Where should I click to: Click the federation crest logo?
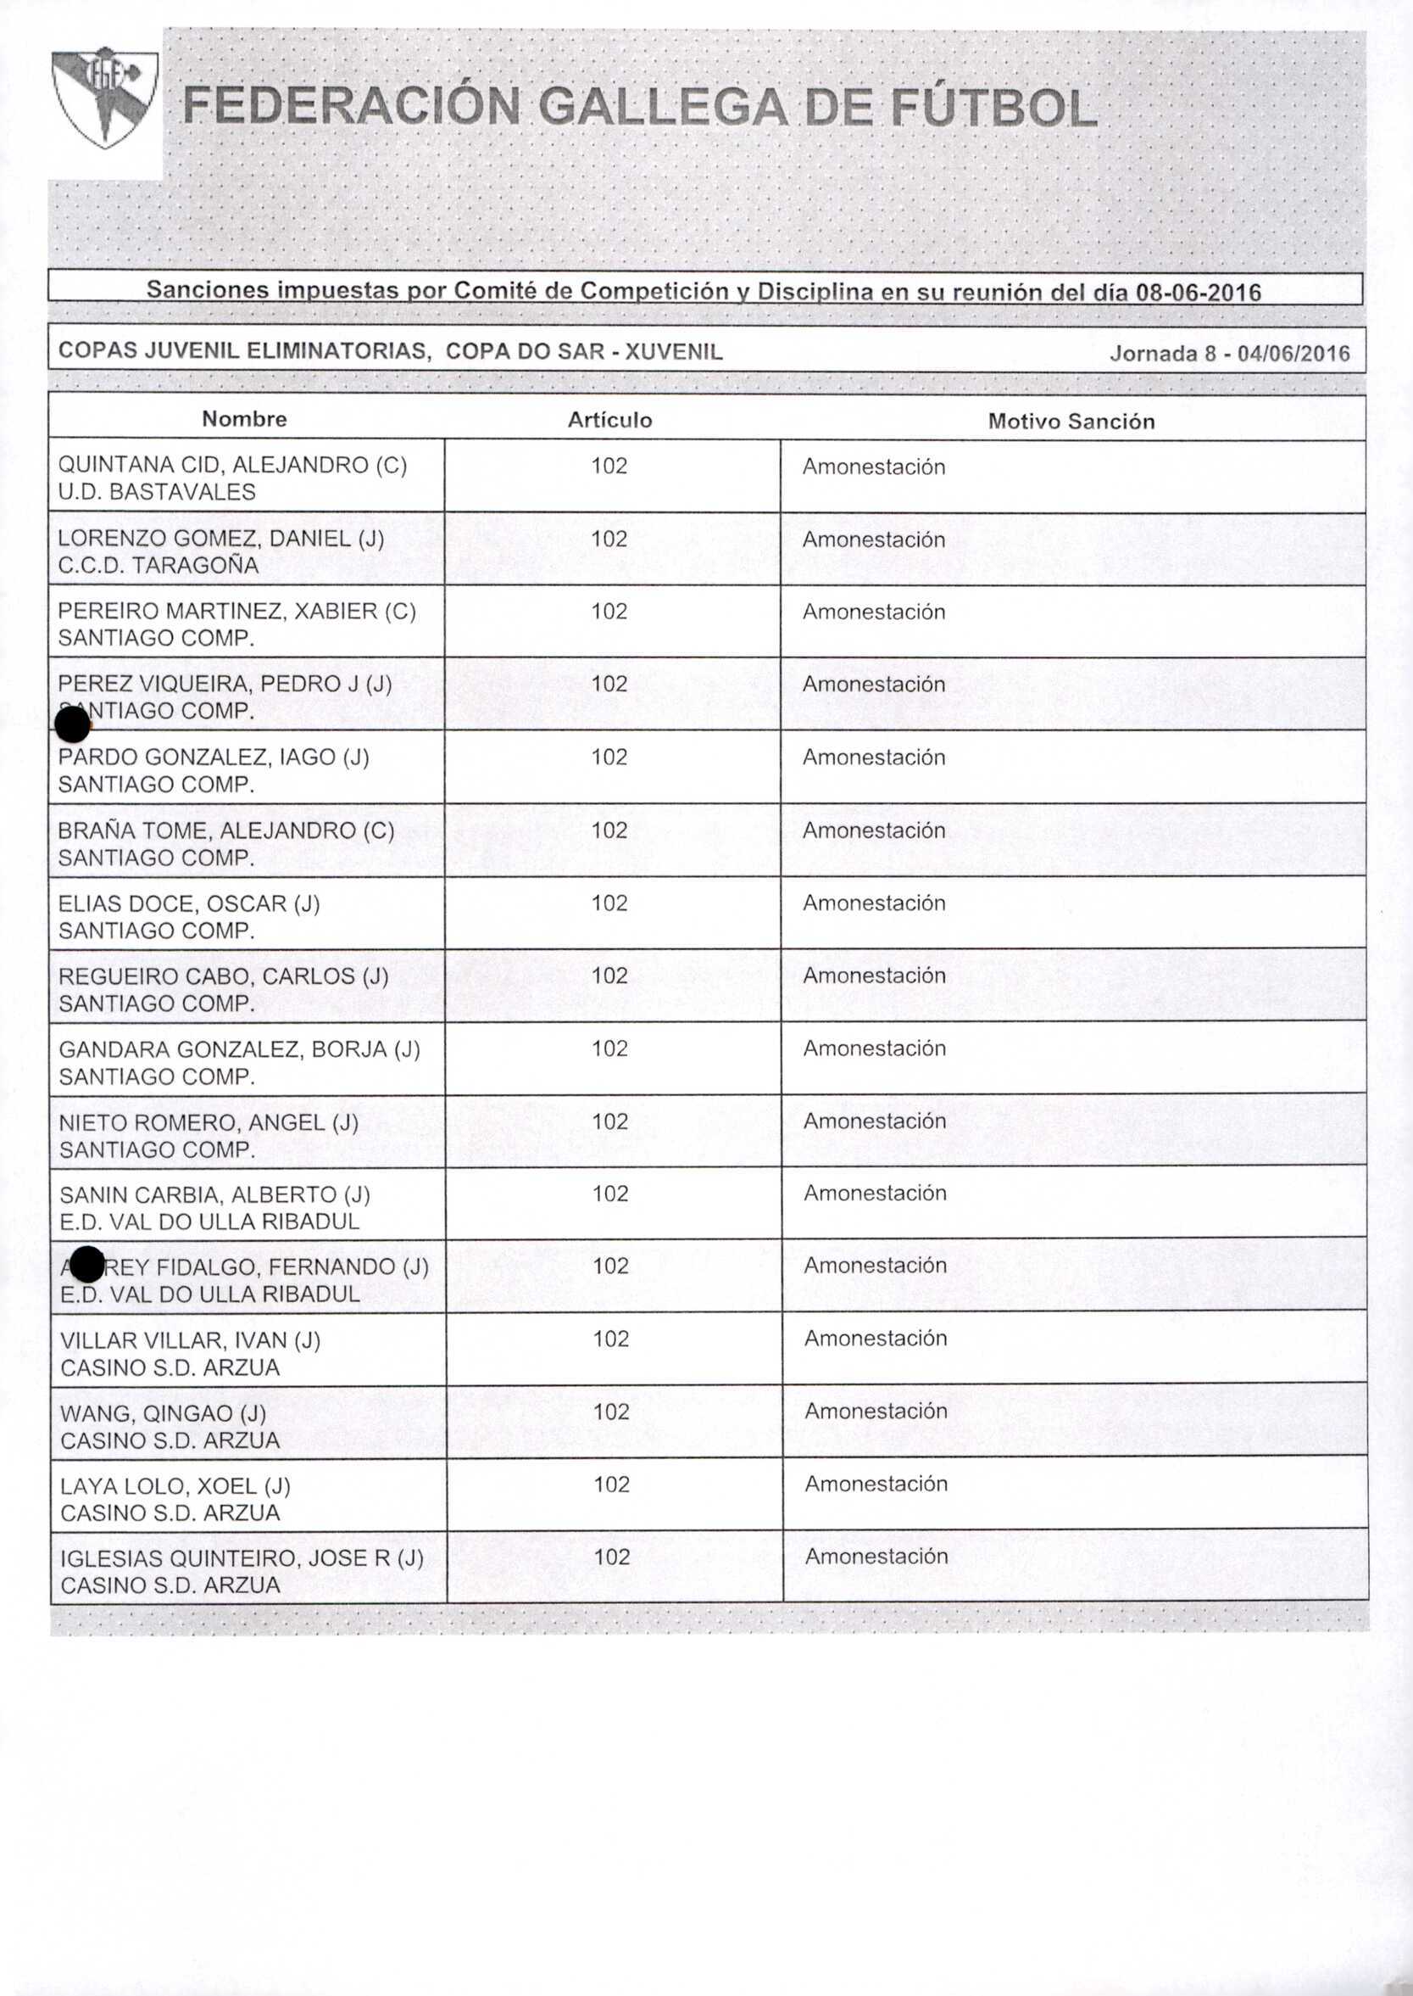coord(104,98)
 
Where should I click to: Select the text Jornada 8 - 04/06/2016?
coord(1228,354)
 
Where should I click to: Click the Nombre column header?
coord(243,420)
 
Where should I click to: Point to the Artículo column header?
coord(609,421)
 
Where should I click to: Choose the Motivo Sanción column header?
coord(1071,422)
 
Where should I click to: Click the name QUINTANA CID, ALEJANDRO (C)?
coord(232,465)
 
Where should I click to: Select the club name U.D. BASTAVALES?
coord(157,492)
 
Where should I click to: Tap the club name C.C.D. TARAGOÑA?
coord(159,565)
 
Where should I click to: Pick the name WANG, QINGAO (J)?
coord(164,1412)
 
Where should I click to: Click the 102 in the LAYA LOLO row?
coord(611,1484)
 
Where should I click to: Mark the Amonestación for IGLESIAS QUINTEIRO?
coord(876,1557)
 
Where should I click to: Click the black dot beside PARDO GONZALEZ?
coord(72,725)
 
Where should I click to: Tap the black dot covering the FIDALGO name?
coord(86,1265)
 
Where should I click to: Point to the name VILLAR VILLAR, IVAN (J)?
coord(191,1340)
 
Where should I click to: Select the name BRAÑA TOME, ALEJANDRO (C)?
coord(226,830)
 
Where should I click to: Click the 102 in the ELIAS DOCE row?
coord(609,903)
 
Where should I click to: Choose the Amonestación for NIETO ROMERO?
coord(875,1121)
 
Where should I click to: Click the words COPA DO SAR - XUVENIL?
coord(584,352)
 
